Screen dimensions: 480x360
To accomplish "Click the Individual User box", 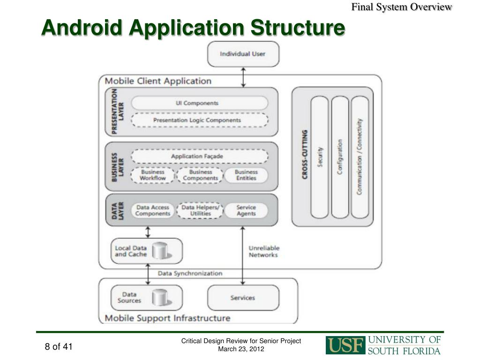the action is [x=243, y=54].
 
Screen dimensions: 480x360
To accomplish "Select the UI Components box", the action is [x=200, y=103].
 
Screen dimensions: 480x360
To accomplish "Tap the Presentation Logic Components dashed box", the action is [x=200, y=120].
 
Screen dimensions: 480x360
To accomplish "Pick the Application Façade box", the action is [x=200, y=157].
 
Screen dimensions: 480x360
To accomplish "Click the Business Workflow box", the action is [x=153, y=175].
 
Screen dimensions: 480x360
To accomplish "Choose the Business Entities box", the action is [x=246, y=175].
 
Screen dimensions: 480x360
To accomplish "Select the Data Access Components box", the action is [x=153, y=210].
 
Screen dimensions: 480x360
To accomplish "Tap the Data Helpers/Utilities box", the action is [x=200, y=210].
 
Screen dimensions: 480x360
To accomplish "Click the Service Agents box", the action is [x=246, y=210].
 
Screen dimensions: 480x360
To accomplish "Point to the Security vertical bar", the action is [x=320, y=157].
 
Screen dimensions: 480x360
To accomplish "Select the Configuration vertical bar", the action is [x=340, y=157].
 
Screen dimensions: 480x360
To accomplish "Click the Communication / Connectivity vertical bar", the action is [x=360, y=157].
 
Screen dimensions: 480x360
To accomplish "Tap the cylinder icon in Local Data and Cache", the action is [x=161, y=251].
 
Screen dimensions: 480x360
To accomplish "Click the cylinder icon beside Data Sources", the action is [x=161, y=297].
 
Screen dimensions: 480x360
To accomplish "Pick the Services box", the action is [x=243, y=298].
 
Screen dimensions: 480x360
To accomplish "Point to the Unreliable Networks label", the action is [x=264, y=251].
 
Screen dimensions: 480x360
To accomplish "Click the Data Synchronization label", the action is [x=190, y=273].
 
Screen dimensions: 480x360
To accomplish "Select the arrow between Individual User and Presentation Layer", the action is [x=243, y=77].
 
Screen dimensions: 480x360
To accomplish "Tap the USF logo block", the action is [x=345, y=345].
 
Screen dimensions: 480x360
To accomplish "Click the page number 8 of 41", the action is [x=59, y=346].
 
